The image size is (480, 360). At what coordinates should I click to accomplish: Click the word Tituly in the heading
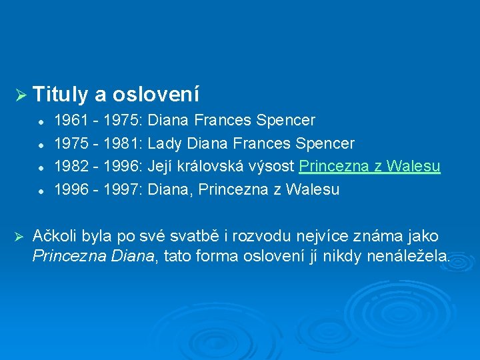point(60,95)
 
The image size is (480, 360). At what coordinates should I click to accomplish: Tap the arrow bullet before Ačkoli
point(20,236)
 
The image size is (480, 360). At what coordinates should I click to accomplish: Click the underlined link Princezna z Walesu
point(370,167)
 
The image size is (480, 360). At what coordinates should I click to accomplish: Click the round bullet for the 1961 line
point(41,121)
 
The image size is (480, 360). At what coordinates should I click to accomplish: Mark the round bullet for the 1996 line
point(41,191)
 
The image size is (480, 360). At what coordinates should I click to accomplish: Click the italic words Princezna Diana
point(93,257)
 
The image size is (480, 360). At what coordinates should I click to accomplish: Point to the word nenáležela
point(409,257)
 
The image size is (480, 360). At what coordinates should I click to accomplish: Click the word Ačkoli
point(54,236)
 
